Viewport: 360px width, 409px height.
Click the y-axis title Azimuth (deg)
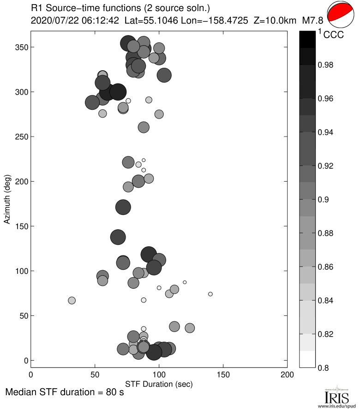pos(7,200)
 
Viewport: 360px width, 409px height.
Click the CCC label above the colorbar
pos(333,35)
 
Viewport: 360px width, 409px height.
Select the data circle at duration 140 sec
pos(210,294)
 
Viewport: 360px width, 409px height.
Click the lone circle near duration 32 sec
pos(72,300)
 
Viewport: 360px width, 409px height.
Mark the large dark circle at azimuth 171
pos(123,207)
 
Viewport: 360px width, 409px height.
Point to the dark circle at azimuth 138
pos(118,237)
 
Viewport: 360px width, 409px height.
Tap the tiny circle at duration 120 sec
pos(185,282)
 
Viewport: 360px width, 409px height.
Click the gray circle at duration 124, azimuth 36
pos(190,328)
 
